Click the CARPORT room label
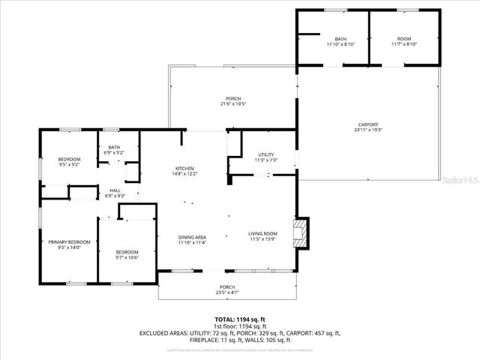click(367, 124)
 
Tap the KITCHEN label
click(184, 168)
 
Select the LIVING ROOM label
click(263, 233)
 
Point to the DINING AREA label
click(192, 237)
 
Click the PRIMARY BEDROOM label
click(69, 241)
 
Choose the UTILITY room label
click(266, 154)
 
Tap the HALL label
click(115, 190)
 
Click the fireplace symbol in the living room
click(301, 233)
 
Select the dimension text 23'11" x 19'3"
click(367, 130)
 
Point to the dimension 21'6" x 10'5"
click(233, 104)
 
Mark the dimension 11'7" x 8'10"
click(404, 44)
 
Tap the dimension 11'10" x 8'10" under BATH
click(340, 44)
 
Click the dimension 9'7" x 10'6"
click(127, 257)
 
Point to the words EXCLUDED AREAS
click(160, 332)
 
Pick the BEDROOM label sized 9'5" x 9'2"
click(69, 159)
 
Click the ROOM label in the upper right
click(404, 38)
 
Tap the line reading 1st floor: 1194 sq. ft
click(240, 326)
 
